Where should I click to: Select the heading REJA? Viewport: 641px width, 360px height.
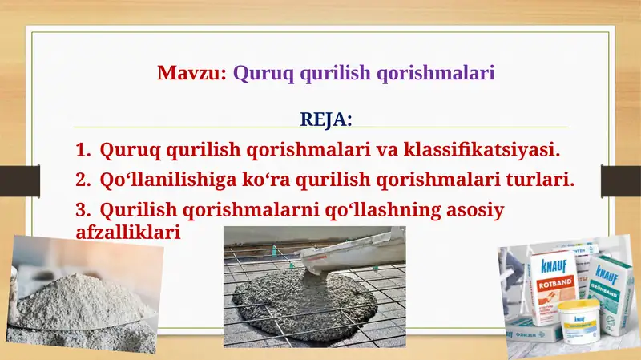pyautogui.click(x=325, y=119)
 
